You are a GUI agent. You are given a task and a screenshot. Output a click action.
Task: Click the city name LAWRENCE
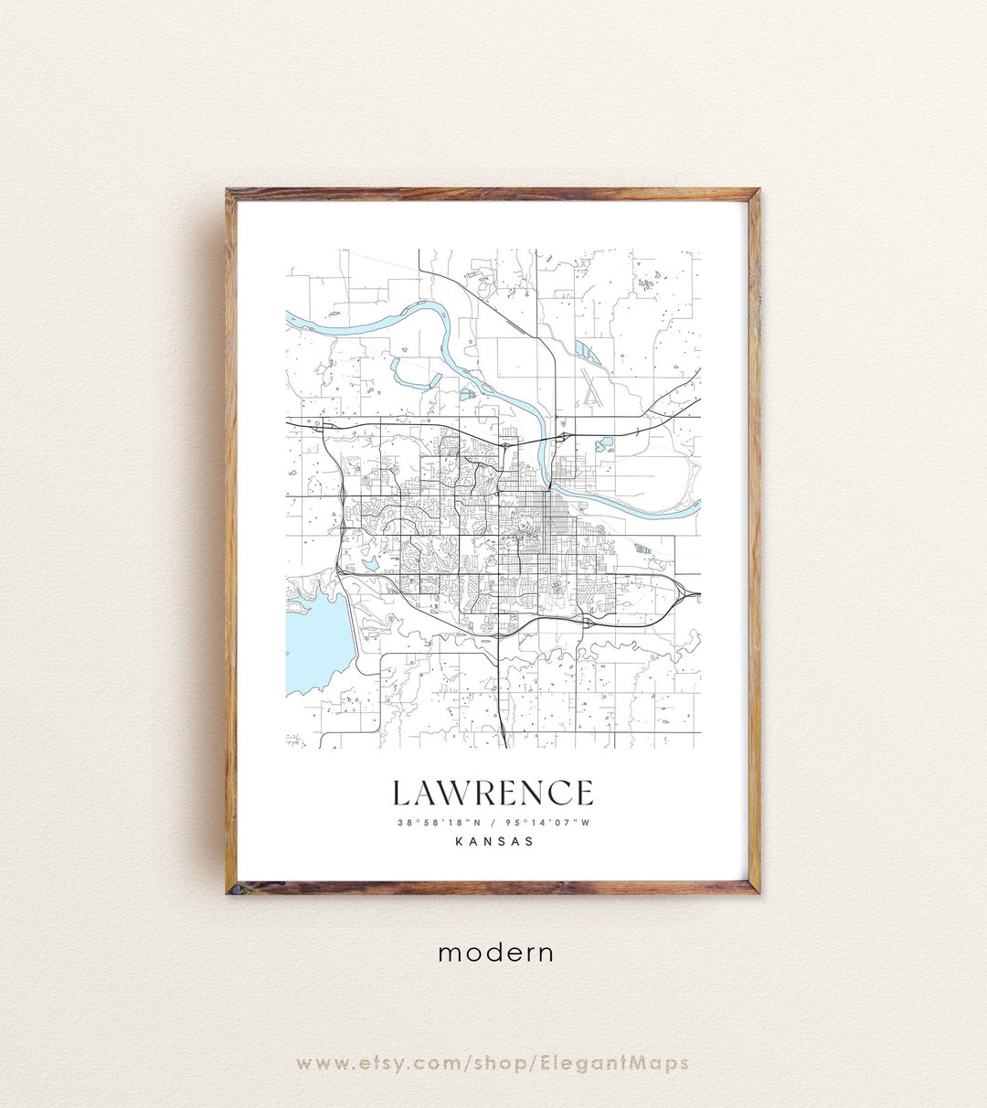[x=493, y=793]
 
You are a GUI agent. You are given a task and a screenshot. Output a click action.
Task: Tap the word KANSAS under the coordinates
[x=493, y=842]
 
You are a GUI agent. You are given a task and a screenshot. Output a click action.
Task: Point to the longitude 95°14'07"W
[x=552, y=822]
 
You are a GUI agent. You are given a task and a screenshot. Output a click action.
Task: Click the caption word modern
[x=495, y=953]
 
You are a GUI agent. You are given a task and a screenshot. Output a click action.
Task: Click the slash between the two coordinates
[x=493, y=822]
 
